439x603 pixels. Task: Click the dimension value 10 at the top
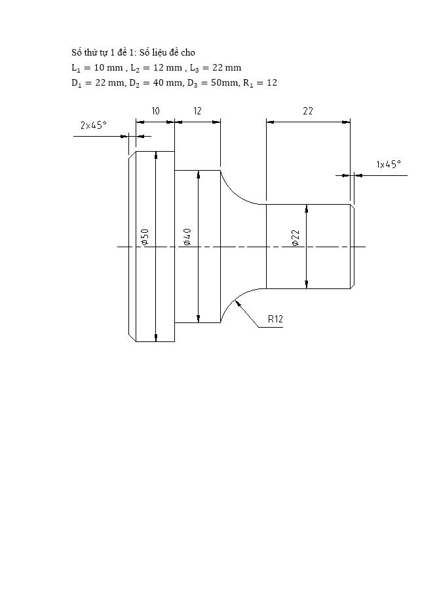(x=155, y=111)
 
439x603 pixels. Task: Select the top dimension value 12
(x=197, y=111)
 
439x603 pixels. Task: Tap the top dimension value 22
(x=307, y=111)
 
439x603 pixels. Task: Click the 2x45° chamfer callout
(x=93, y=126)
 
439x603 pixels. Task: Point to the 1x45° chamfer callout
(x=389, y=165)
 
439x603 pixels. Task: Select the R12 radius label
(x=275, y=319)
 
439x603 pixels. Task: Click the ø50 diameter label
(x=145, y=237)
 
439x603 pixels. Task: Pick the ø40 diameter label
(x=187, y=237)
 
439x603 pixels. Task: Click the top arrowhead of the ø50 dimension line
(x=156, y=155)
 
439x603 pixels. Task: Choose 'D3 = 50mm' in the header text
(x=206, y=83)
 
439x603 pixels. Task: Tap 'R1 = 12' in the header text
(x=260, y=83)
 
